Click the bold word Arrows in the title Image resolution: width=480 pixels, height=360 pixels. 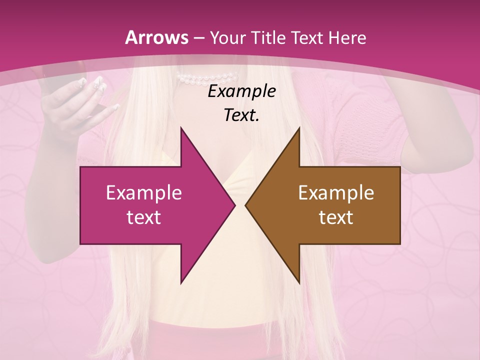157,37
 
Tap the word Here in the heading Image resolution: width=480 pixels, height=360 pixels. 347,37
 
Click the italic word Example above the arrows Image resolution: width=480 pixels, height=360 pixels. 241,91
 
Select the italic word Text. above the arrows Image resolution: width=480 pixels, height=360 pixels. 241,115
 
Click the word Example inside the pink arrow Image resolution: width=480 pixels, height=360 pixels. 143,193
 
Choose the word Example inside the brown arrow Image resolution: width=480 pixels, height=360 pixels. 336,193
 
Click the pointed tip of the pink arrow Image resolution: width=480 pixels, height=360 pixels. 234,205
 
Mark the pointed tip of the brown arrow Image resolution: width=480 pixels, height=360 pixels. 245,205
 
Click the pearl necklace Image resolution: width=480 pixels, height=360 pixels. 207,78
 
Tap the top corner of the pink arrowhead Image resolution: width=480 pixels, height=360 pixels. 181,128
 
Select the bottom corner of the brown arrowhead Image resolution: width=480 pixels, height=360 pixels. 299,282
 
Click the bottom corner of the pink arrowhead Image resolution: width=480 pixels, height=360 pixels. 181,282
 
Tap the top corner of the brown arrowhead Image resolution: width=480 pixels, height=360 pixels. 299,128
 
